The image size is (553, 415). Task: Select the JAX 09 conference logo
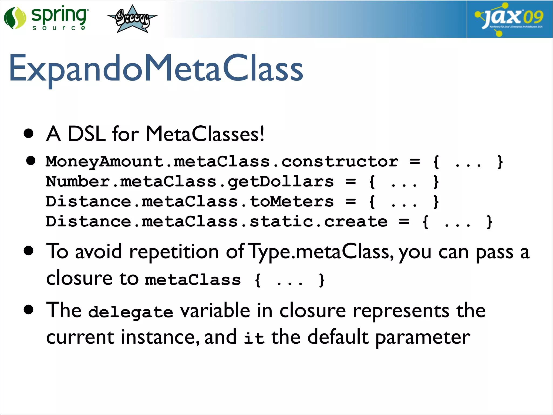click(x=509, y=19)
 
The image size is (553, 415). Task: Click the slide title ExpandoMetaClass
click(x=156, y=68)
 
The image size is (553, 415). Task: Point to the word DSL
click(x=86, y=134)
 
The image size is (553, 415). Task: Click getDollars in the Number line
click(x=281, y=182)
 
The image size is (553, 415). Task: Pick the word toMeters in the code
click(x=292, y=202)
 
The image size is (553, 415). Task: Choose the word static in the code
click(x=281, y=222)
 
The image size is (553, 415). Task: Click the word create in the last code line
click(x=356, y=222)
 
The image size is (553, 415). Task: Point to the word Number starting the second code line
click(x=78, y=182)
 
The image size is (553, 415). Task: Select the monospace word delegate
click(x=131, y=312)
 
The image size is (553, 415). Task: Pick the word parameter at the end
click(x=423, y=338)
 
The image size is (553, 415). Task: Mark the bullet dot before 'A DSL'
click(x=29, y=133)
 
